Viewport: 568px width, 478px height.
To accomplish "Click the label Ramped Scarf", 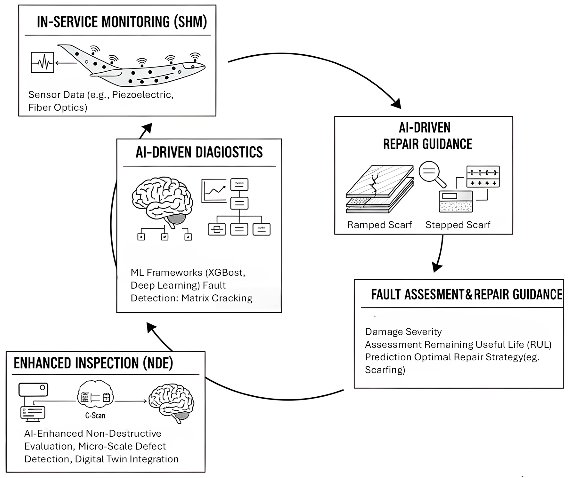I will (379, 225).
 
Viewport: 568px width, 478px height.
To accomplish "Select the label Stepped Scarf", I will (458, 225).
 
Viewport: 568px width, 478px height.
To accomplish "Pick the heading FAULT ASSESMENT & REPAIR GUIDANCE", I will (466, 295).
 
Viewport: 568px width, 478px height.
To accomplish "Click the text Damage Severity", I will (403, 332).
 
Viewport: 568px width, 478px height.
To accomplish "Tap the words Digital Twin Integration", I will (127, 459).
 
